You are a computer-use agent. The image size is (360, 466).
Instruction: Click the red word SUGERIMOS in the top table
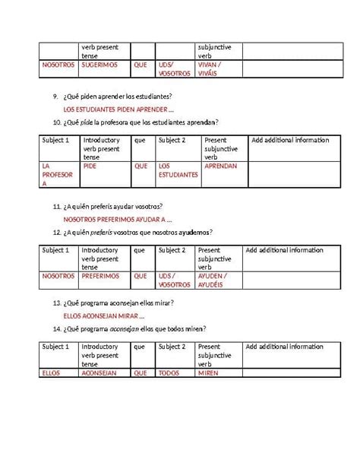tap(99, 65)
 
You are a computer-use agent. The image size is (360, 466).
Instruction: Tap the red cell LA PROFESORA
tap(55, 174)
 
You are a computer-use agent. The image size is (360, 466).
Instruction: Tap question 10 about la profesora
tap(142, 122)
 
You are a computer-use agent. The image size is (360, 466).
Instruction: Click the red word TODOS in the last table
tap(169, 372)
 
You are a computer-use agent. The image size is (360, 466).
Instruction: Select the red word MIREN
tap(208, 372)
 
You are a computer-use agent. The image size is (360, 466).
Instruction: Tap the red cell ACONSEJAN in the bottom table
tap(100, 372)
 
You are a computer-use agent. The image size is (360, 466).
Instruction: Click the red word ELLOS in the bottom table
tap(52, 372)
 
